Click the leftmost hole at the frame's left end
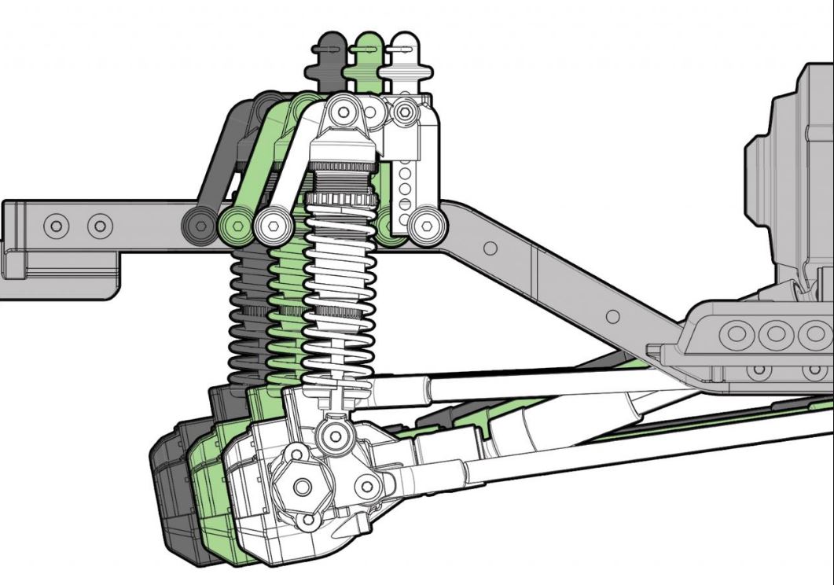click(57, 227)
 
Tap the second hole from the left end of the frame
click(100, 227)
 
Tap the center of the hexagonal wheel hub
click(303, 487)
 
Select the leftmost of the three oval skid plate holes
click(737, 333)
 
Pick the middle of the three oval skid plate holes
click(777, 333)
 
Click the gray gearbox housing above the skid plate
click(786, 173)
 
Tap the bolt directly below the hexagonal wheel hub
click(309, 520)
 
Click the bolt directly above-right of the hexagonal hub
click(365, 486)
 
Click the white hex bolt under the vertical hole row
click(426, 226)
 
